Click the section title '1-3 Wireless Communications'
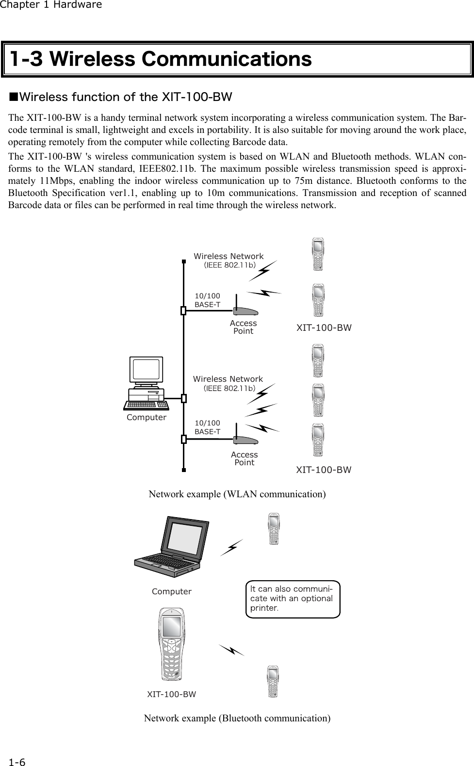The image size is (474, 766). pyautogui.click(x=161, y=60)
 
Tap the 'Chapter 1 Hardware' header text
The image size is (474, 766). pyautogui.click(x=51, y=5)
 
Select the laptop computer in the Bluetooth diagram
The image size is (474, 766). pyautogui.click(x=173, y=549)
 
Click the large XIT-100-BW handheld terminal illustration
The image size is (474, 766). pyautogui.click(x=171, y=645)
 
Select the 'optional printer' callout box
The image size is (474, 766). pyautogui.click(x=293, y=599)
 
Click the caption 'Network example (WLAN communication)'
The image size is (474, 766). pyautogui.click(x=237, y=494)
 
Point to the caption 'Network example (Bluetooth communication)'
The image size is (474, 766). pyautogui.click(x=237, y=718)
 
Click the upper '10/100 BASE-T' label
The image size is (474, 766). pyautogui.click(x=207, y=300)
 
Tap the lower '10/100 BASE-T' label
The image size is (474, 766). pyautogui.click(x=207, y=427)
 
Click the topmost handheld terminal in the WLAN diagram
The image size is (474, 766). pyautogui.click(x=318, y=254)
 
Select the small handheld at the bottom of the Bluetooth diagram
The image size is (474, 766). pyautogui.click(x=274, y=682)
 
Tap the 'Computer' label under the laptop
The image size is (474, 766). pyautogui.click(x=171, y=592)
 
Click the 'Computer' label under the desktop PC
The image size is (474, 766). pyautogui.click(x=146, y=418)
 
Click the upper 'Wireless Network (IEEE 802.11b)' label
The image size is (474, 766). pyautogui.click(x=229, y=260)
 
